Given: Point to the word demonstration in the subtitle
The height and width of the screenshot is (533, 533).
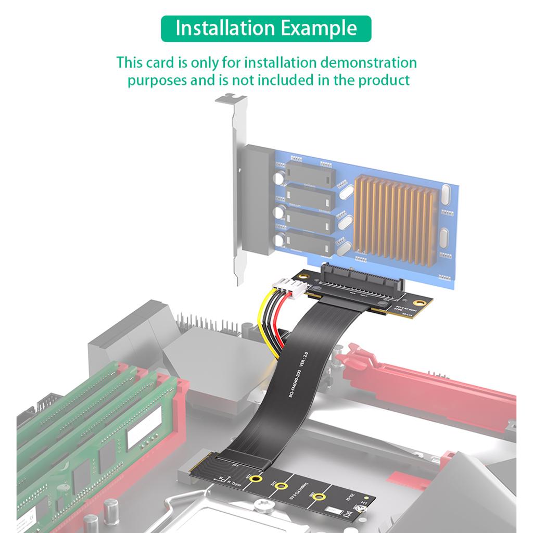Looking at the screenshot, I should point(368,63).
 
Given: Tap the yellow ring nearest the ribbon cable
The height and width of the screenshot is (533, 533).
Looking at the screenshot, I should point(256,479).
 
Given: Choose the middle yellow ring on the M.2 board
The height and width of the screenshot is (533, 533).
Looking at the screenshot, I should point(282,487).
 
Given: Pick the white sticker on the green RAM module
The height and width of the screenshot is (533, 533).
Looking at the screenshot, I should point(144,426).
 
